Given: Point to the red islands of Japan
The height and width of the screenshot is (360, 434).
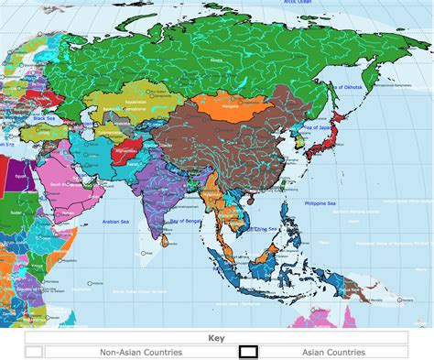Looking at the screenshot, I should pyautogui.click(x=329, y=137).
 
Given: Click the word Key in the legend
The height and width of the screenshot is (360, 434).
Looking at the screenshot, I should pyautogui.click(x=216, y=338).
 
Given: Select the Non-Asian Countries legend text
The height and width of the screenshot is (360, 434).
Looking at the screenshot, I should pyautogui.click(x=141, y=352).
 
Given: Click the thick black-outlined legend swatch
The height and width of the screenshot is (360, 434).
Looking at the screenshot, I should pyautogui.click(x=248, y=352).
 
